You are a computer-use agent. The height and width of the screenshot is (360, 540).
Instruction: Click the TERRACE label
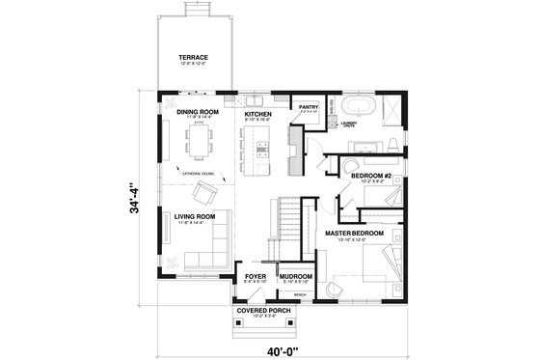point(193,58)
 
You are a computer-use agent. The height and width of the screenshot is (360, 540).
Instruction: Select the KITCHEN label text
point(257,114)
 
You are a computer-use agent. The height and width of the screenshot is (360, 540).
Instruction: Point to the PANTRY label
point(309,108)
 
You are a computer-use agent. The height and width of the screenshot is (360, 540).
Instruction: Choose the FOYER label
point(255,276)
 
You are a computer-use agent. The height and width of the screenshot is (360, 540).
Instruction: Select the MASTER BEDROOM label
point(354,234)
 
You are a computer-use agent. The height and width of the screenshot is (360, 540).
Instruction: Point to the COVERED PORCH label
point(263,310)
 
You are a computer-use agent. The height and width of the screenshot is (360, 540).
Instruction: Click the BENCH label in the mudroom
point(299,293)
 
